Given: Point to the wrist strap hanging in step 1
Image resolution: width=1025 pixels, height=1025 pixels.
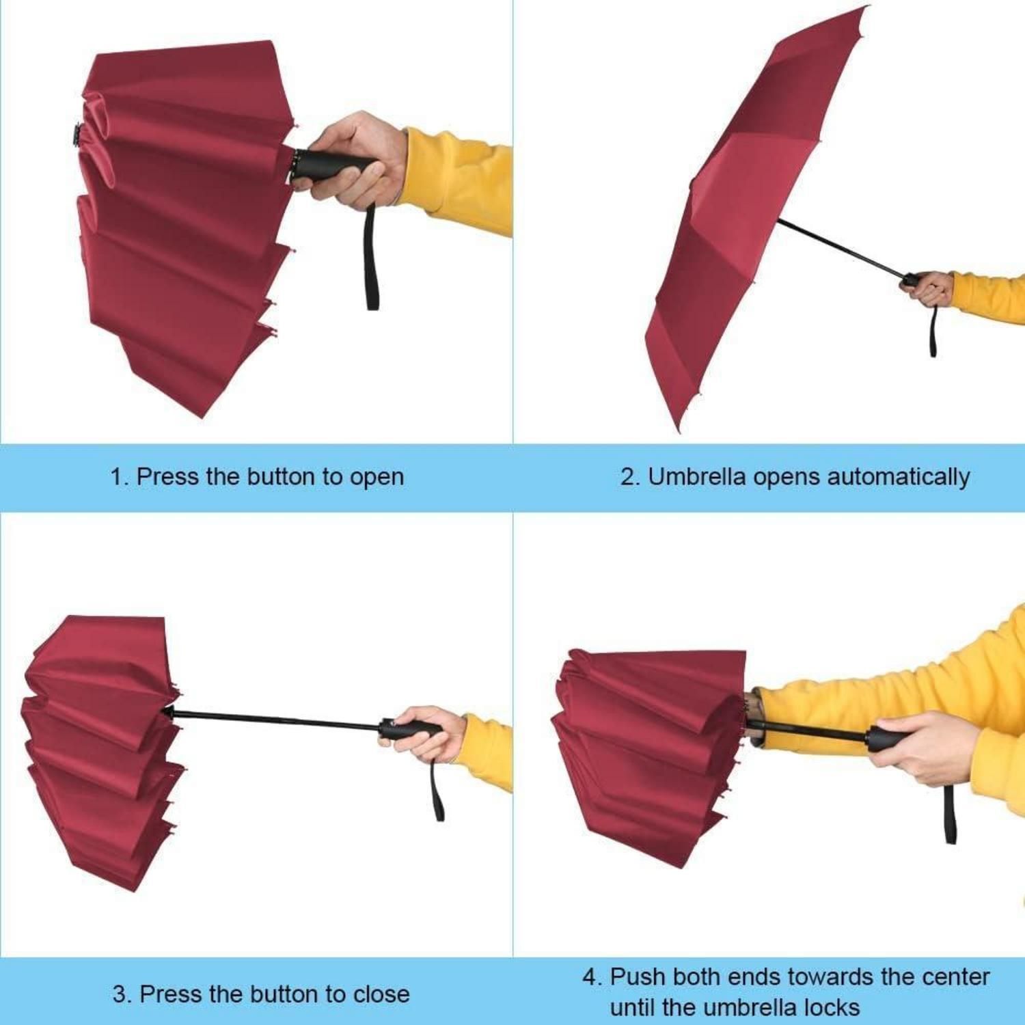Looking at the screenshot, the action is pyautogui.click(x=372, y=256).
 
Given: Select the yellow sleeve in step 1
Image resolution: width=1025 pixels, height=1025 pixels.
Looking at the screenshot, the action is pyautogui.click(x=458, y=180).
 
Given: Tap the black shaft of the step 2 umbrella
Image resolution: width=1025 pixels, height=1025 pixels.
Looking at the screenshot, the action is pyautogui.click(x=841, y=247).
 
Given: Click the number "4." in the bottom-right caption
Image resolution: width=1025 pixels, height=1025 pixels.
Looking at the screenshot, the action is pyautogui.click(x=593, y=977).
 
